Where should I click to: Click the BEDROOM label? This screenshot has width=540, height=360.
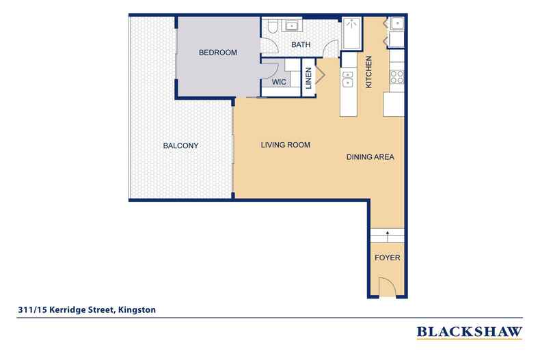pos(217,53)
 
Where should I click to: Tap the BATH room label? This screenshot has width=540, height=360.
pos(301,45)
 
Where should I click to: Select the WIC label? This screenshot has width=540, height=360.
pos(278,81)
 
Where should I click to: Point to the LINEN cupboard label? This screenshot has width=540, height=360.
pos(308,78)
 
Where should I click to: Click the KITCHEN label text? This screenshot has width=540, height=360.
pos(368,72)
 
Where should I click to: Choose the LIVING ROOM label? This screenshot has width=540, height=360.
pos(286,145)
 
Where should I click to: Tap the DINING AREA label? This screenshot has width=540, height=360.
pos(370,157)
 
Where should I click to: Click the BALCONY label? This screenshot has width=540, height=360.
pos(180,146)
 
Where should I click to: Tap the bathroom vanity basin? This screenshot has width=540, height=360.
pos(294,27)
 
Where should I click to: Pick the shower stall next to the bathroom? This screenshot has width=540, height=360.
pos(351,32)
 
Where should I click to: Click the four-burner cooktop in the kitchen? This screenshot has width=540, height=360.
pos(395,77)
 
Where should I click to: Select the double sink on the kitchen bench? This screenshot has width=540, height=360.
pos(348,76)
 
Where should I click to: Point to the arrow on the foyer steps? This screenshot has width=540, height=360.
pos(388,234)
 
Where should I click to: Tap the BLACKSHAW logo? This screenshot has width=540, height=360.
pos(469,332)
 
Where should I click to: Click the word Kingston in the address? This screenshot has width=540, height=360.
pos(137,309)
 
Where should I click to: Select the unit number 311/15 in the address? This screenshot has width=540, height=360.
pos(32,309)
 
